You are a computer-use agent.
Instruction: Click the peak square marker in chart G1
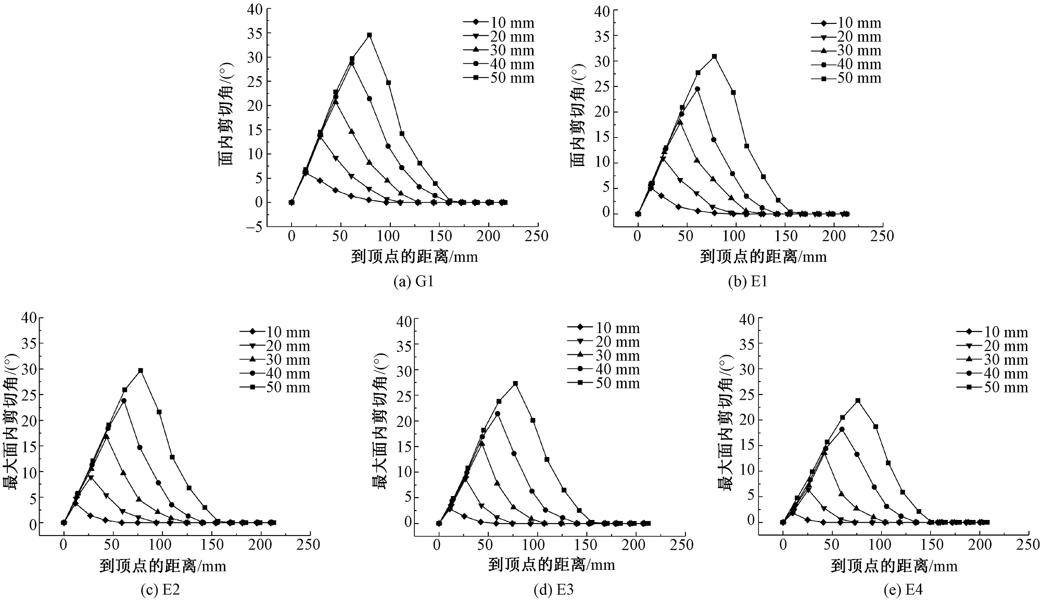pyautogui.click(x=370, y=35)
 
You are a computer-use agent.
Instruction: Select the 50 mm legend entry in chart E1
pyautogui.click(x=846, y=78)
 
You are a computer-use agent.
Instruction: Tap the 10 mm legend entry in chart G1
pyautogui.click(x=498, y=23)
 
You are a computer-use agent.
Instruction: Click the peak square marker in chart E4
pyautogui.click(x=858, y=401)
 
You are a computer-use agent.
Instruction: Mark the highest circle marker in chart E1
pyautogui.click(x=697, y=89)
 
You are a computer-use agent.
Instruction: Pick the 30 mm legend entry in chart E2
pyautogui.click(x=275, y=360)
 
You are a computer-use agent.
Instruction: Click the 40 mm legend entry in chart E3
pyautogui.click(x=604, y=370)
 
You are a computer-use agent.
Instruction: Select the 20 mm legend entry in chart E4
pyautogui.click(x=992, y=346)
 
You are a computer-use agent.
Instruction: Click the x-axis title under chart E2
pyautogui.click(x=163, y=566)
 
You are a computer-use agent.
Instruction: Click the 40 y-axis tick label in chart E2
pyautogui.click(x=30, y=318)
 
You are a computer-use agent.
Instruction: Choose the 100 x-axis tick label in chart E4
pyautogui.click(x=880, y=544)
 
